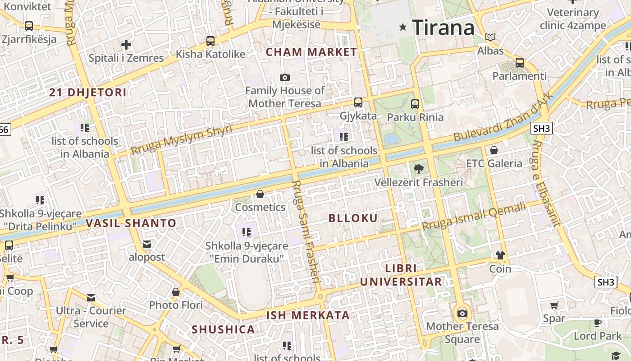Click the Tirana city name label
click(443, 28)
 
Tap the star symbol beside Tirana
click(403, 28)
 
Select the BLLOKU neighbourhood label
click(353, 218)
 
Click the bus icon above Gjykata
click(358, 102)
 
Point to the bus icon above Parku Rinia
click(415, 104)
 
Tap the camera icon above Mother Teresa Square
click(462, 313)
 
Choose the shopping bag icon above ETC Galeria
click(494, 150)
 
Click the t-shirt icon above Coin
click(500, 255)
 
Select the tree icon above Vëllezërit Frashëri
click(419, 169)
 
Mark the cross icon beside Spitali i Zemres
click(126, 45)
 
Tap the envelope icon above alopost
click(147, 244)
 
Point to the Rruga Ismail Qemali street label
click(474, 216)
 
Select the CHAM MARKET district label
click(311, 52)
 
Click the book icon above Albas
click(490, 37)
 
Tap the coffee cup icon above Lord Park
click(598, 323)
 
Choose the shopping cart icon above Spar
click(554, 305)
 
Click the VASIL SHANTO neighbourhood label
click(131, 223)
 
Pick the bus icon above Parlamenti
click(520, 63)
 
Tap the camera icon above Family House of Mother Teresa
click(285, 78)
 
